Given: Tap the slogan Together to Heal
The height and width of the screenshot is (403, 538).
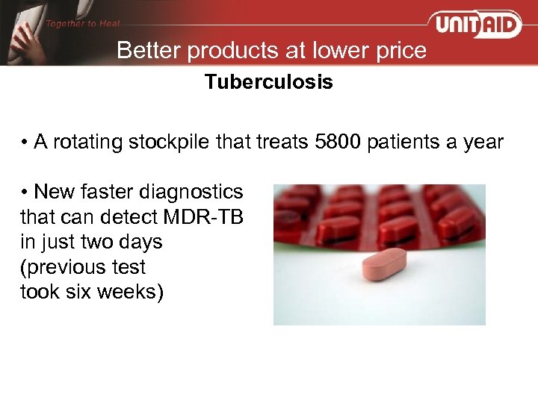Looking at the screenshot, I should pyautogui.click(x=83, y=23).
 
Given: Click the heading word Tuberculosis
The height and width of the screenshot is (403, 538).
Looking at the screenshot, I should pyautogui.click(x=269, y=82).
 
